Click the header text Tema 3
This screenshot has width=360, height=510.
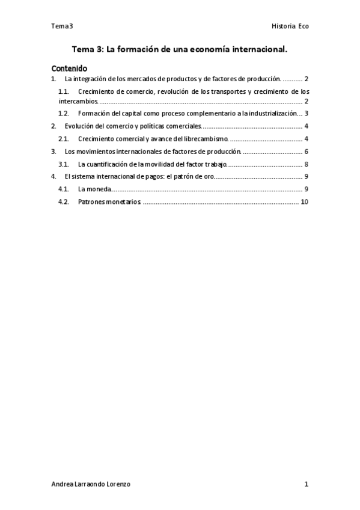pos(62,26)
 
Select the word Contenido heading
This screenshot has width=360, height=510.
pos(69,68)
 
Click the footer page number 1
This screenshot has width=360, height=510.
pos(306,484)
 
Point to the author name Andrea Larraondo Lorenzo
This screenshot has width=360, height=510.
pos(91,484)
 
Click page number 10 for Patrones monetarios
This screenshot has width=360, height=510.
pos(304,202)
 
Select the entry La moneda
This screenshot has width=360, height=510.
pos(94,189)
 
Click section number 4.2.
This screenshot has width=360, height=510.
pos(64,202)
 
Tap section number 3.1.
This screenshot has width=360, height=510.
pos(64,164)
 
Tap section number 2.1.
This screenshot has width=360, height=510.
pos(64,139)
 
